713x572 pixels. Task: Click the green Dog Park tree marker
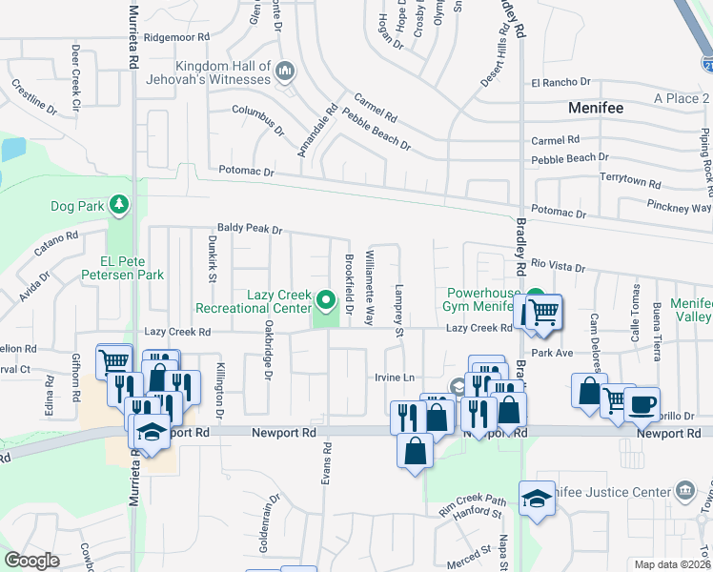click(x=117, y=205)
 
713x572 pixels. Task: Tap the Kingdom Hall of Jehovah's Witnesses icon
click(x=285, y=71)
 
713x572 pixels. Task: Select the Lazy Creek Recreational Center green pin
click(x=327, y=303)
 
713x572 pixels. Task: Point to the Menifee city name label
click(x=595, y=108)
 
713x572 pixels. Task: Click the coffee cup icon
click(x=641, y=403)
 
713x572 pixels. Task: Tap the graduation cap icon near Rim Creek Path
click(x=537, y=498)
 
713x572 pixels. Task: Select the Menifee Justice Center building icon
click(x=684, y=492)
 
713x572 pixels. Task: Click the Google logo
click(x=31, y=560)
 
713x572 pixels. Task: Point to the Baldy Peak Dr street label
click(x=250, y=230)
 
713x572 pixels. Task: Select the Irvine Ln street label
click(x=396, y=378)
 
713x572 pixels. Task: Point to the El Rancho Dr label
click(x=561, y=83)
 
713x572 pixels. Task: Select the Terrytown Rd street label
click(x=629, y=178)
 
